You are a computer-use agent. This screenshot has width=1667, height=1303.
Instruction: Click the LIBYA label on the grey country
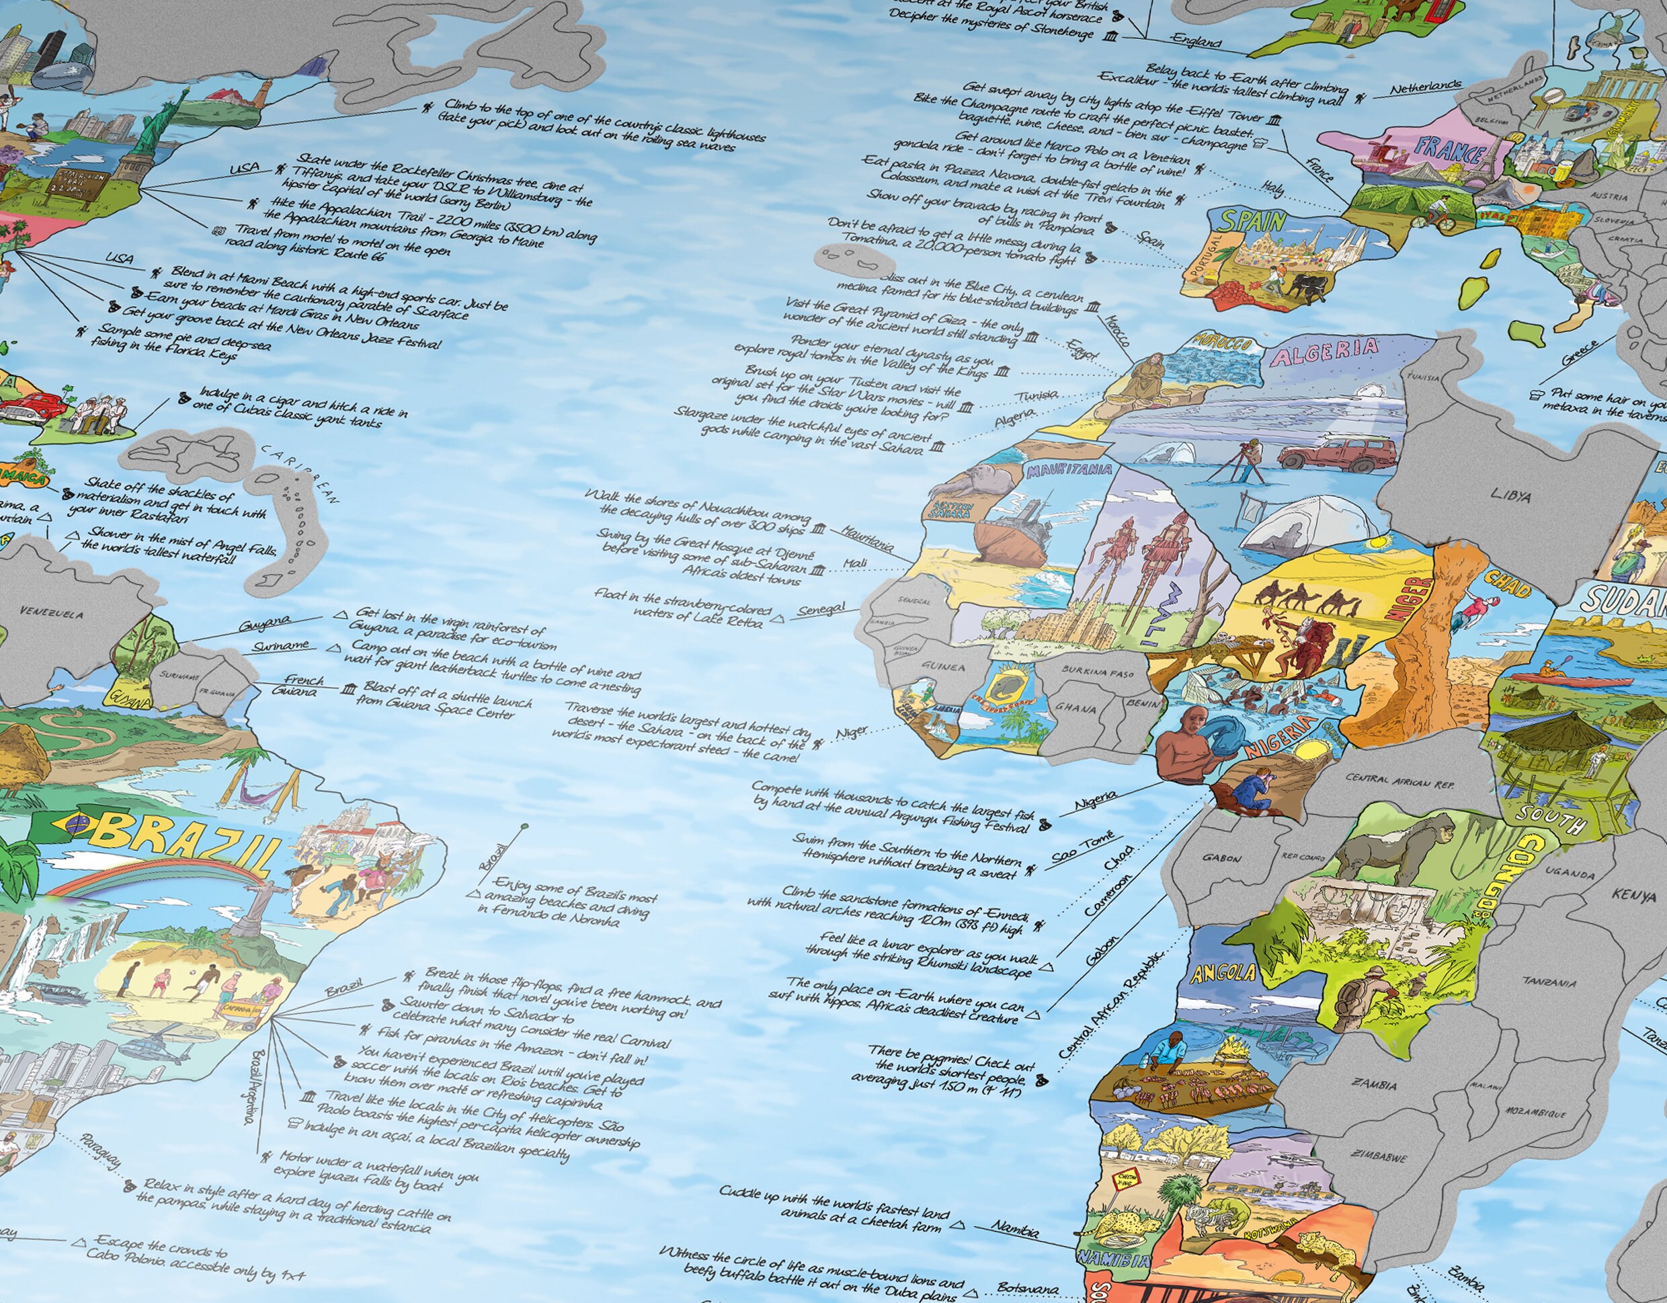[1510, 496]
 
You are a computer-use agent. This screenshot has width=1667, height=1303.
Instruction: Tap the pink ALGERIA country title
[1324, 353]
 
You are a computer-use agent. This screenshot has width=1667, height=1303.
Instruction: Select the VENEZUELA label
[52, 613]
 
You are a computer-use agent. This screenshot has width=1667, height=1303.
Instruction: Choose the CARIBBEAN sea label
[302, 473]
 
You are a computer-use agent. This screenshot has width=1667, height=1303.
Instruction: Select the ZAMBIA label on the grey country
[1373, 1084]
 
